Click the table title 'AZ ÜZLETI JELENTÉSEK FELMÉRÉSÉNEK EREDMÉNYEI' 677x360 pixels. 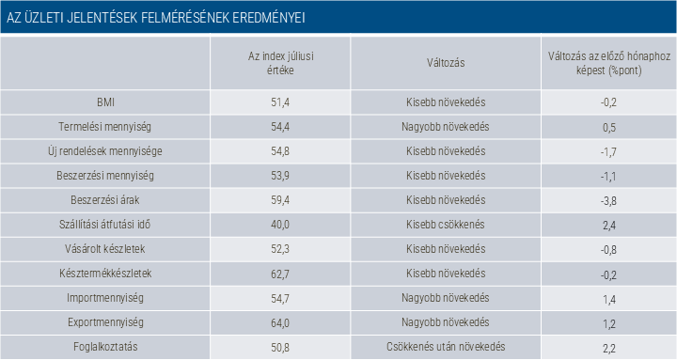(x=156, y=18)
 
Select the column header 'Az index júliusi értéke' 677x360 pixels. (x=280, y=63)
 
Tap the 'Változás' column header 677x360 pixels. (x=446, y=63)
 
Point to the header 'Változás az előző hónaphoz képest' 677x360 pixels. (x=608, y=63)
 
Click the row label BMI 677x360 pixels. (x=105, y=102)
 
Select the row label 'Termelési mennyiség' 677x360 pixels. (x=105, y=127)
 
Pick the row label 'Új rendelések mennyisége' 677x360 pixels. (x=105, y=151)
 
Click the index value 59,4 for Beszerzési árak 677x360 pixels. (x=280, y=200)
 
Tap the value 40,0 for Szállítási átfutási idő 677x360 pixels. (x=280, y=225)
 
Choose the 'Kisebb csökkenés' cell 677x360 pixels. (x=445, y=225)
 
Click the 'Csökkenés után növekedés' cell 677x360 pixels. (x=446, y=347)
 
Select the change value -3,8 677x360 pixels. (x=608, y=201)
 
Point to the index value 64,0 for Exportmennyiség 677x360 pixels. (x=280, y=322)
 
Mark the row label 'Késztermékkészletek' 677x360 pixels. (x=105, y=274)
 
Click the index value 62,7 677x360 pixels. (x=280, y=274)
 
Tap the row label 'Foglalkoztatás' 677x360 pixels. (x=105, y=347)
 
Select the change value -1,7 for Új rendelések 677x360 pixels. (x=608, y=152)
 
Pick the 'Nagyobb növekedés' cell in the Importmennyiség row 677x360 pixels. (x=446, y=298)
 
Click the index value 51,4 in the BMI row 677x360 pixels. (x=280, y=102)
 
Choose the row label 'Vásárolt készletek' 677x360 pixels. (x=105, y=249)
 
